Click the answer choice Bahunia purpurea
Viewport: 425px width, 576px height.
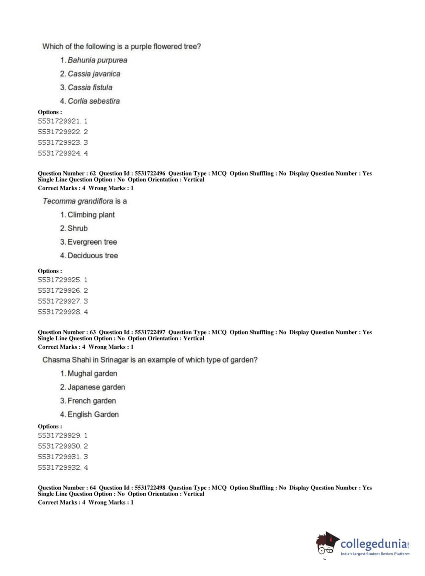click(x=97, y=60)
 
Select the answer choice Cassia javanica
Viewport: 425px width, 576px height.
click(x=94, y=74)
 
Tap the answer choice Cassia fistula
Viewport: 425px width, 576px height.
click(x=90, y=88)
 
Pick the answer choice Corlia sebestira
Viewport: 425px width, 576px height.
click(x=93, y=101)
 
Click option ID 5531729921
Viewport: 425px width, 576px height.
click(x=59, y=121)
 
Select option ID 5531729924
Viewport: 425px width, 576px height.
click(x=59, y=153)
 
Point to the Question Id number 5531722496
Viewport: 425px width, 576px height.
click(x=150, y=173)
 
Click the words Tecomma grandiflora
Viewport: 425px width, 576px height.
click(x=78, y=201)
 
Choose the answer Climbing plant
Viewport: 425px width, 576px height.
click(x=91, y=215)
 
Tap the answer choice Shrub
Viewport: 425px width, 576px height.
click(x=77, y=229)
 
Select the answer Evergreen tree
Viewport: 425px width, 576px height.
click(x=92, y=242)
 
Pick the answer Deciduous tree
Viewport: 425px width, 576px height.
click(x=93, y=256)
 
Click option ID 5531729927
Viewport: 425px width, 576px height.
click(x=59, y=301)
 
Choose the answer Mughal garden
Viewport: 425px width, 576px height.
click(x=92, y=374)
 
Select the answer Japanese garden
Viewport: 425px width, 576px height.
click(x=96, y=387)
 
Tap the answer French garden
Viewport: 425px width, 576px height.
click(x=92, y=401)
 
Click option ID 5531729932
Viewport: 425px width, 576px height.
click(x=59, y=468)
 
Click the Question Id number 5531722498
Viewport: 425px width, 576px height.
click(x=150, y=488)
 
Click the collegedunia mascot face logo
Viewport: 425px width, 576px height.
click(x=326, y=544)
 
